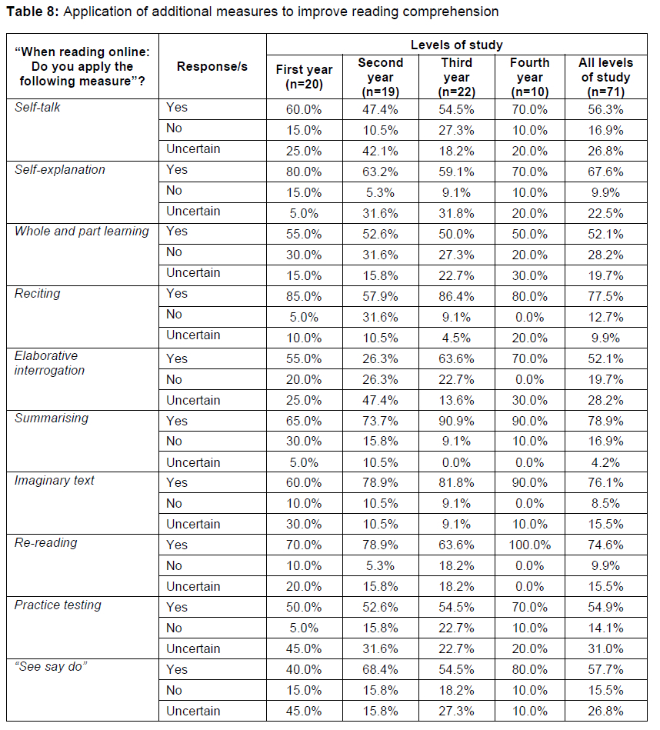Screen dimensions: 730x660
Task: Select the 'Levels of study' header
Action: [x=456, y=45]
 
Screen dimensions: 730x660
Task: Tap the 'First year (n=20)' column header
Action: [x=304, y=77]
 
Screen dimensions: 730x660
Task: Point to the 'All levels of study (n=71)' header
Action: [x=605, y=77]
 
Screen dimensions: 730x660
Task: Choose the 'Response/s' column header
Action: [x=212, y=66]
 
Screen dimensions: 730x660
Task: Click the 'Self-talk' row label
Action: [x=38, y=108]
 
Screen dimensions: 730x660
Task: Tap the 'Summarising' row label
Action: [x=52, y=418]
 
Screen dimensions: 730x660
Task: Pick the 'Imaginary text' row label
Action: [x=55, y=481]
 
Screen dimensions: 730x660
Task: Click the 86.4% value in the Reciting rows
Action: [x=456, y=294]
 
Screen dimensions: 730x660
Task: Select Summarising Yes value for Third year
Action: [x=456, y=421]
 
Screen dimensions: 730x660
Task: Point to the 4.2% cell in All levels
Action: [x=605, y=462]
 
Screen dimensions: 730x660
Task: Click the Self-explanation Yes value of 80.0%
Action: [x=304, y=170]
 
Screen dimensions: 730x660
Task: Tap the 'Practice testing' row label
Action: [x=58, y=605]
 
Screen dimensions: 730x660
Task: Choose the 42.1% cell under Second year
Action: [x=380, y=149]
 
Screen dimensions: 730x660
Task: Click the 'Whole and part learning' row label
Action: [x=82, y=232]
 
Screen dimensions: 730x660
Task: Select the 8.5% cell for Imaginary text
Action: [x=605, y=503]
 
